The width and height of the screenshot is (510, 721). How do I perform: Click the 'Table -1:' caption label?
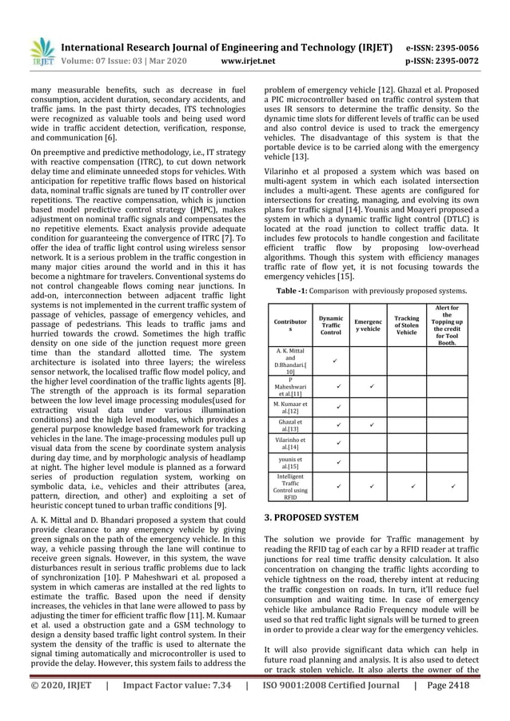click(x=296, y=292)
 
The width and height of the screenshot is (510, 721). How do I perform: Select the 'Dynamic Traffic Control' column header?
click(x=330, y=325)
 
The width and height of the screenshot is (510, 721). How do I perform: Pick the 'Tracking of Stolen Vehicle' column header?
click(x=406, y=325)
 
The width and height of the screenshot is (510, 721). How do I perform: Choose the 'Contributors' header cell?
click(x=289, y=325)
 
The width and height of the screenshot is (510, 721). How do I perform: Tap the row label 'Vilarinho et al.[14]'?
click(x=289, y=443)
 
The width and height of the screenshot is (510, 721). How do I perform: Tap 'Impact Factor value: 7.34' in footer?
click(x=171, y=706)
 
